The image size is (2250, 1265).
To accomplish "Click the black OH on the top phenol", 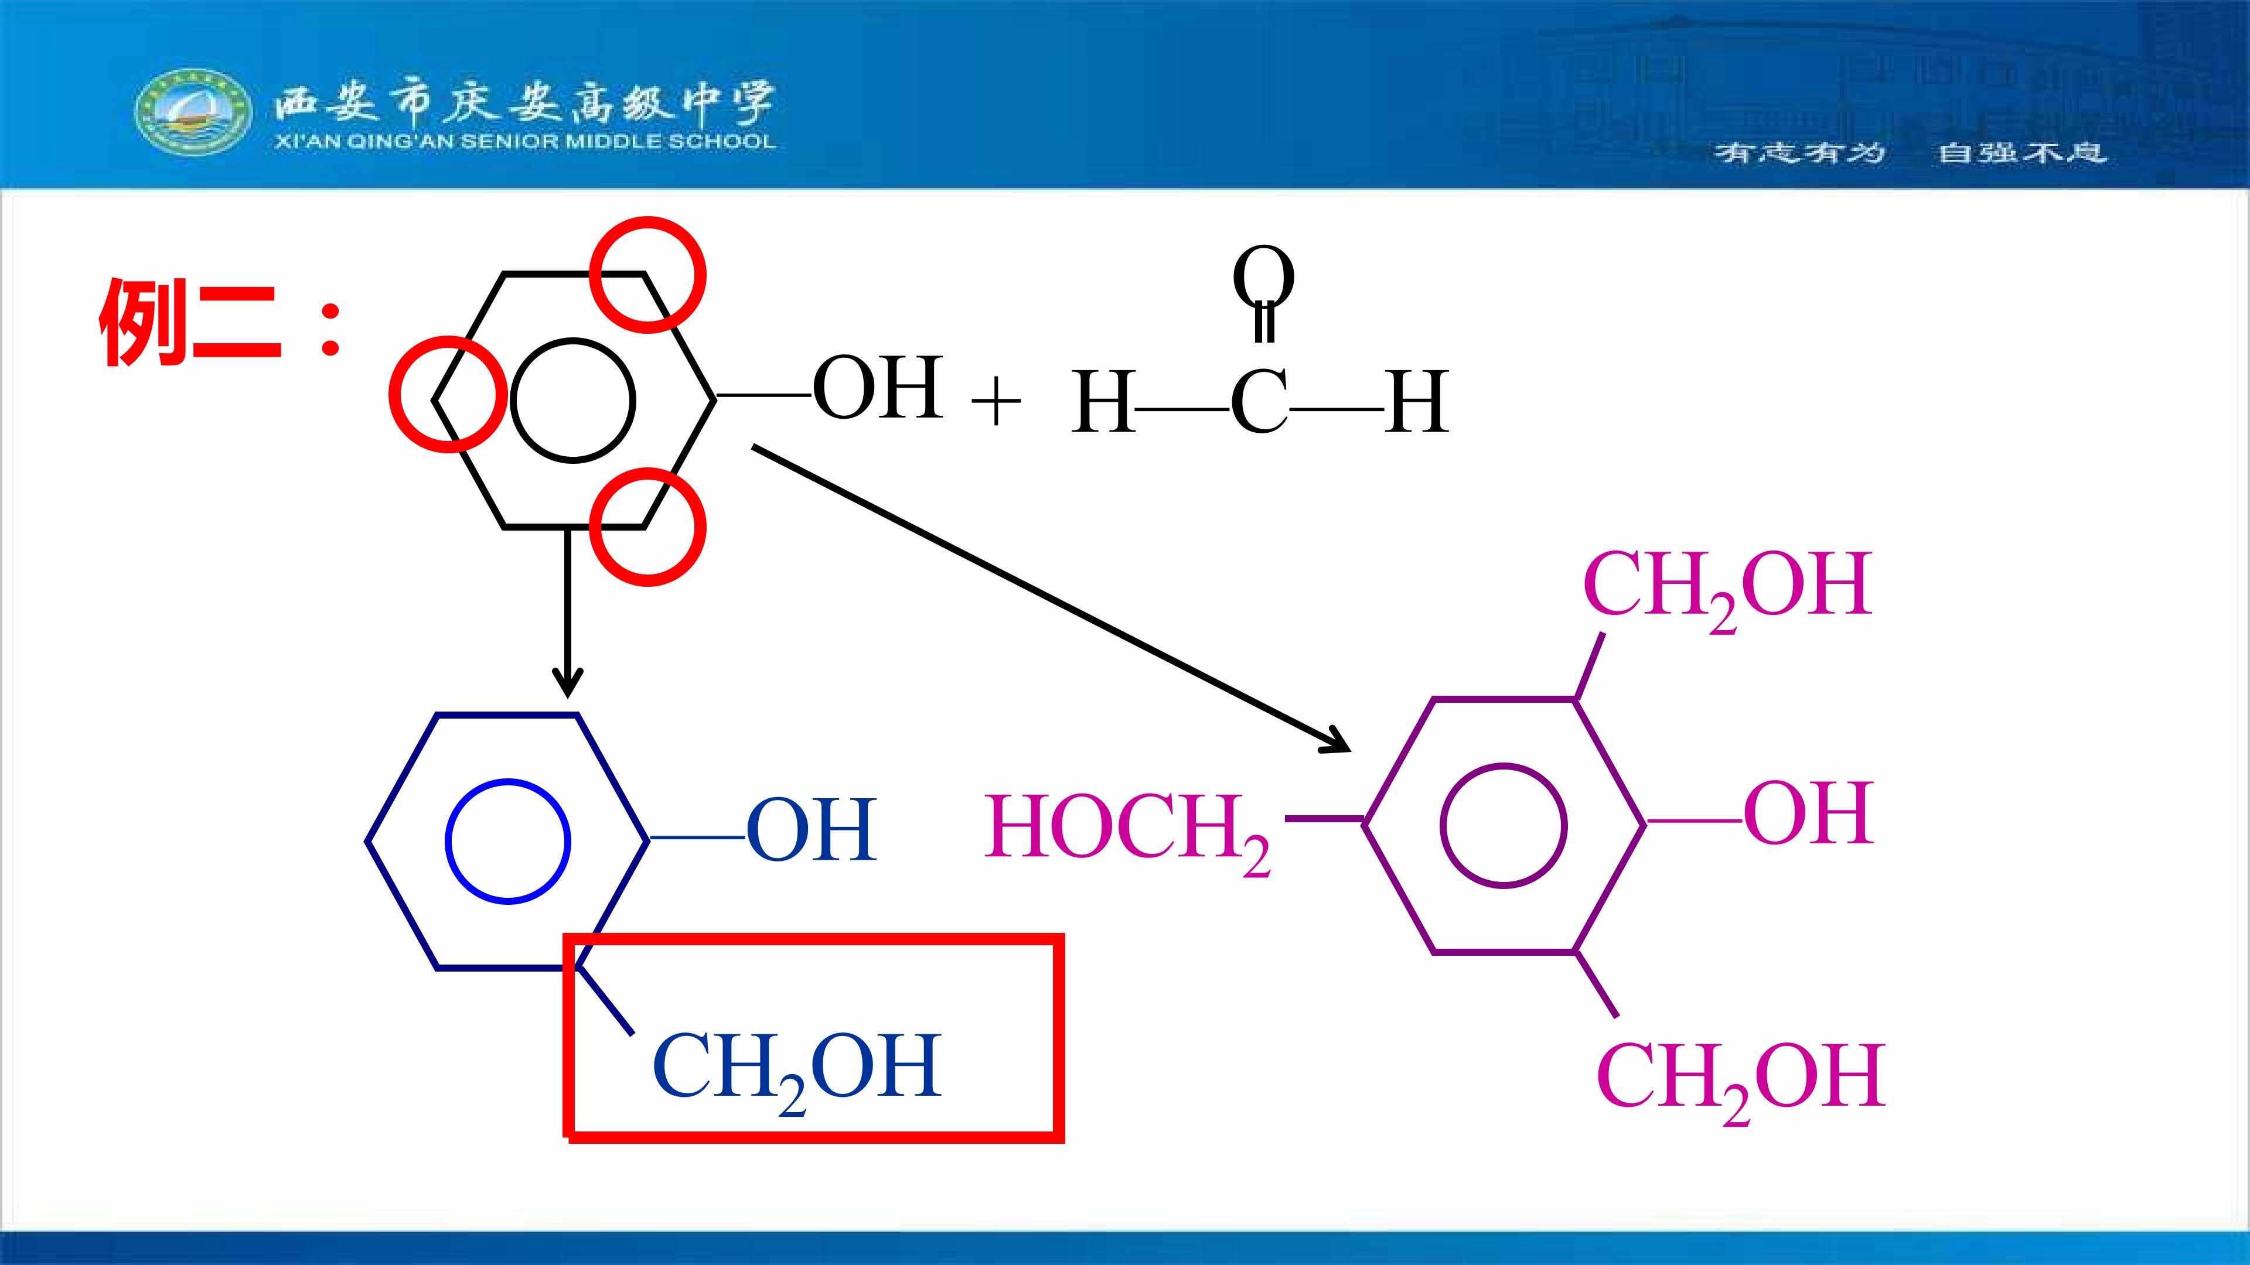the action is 878,388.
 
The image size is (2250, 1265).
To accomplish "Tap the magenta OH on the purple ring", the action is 1809,813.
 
